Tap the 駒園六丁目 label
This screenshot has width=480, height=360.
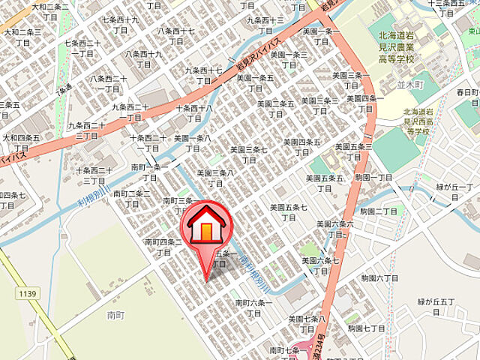[379, 277]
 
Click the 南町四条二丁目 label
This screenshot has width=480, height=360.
[160, 246]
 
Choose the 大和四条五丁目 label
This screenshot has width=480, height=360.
[21, 142]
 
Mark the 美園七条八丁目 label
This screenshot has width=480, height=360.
[307, 323]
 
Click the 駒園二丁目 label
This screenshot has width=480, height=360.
[377, 211]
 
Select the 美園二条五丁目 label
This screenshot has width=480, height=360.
[276, 109]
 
